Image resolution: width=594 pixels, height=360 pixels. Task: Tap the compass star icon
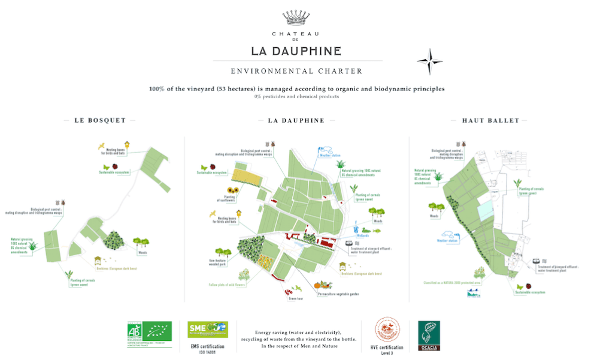pyautogui.click(x=429, y=61)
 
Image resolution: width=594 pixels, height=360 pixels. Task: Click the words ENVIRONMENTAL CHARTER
pyautogui.click(x=296, y=71)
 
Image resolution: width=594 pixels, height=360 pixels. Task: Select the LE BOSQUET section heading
pyautogui.click(x=100, y=120)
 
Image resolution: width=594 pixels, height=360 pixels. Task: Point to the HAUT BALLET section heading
pyautogui.click(x=495, y=120)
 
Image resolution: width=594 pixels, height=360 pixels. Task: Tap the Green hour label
pyautogui.click(x=296, y=298)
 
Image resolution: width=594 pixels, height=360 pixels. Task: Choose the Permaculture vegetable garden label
pyautogui.click(x=339, y=294)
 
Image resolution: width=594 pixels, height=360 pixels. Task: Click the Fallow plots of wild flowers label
pyautogui.click(x=225, y=285)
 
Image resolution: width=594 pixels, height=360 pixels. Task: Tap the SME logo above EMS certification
pyautogui.click(x=207, y=330)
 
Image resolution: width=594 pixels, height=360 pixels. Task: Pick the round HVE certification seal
pyautogui.click(x=387, y=330)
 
